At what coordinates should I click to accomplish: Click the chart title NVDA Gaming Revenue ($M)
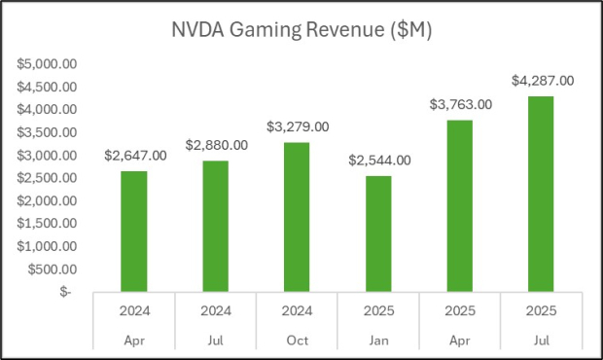pyautogui.click(x=301, y=30)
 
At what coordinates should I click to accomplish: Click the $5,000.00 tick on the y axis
pyautogui.click(x=48, y=64)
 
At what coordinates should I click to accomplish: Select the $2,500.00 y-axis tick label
pyautogui.click(x=48, y=178)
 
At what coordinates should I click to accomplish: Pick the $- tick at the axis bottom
pyautogui.click(x=64, y=291)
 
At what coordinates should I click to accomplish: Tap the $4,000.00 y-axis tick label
pyautogui.click(x=48, y=110)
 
